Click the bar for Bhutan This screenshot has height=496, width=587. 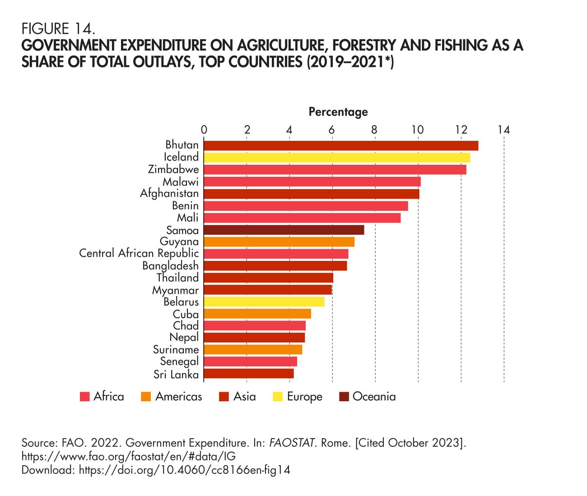(341, 146)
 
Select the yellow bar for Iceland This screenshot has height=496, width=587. (337, 158)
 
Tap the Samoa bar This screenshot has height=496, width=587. (284, 230)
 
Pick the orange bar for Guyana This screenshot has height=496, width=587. (279, 242)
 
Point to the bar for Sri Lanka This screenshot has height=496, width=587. (249, 374)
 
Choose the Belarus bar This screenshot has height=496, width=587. (264, 301)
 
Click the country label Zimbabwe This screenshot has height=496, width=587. (173, 169)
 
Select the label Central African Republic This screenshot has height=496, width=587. (139, 253)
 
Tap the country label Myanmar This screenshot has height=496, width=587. (175, 290)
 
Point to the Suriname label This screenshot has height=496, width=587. (176, 349)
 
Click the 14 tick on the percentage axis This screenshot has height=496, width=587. (503, 130)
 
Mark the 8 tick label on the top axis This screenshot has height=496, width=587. (375, 130)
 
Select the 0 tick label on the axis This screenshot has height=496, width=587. (204, 130)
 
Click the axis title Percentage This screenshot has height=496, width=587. (338, 111)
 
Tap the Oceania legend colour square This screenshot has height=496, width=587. (344, 397)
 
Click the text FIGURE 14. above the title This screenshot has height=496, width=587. (58, 29)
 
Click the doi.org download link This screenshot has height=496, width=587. (184, 470)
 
